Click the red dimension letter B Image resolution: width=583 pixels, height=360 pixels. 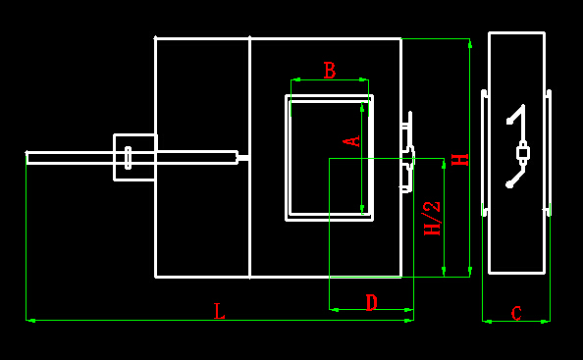(x=330, y=71)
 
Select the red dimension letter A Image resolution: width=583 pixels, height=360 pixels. (x=351, y=141)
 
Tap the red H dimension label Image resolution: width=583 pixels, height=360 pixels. (x=460, y=160)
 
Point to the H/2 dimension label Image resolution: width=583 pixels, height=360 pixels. (x=432, y=219)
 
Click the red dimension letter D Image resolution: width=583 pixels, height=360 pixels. (x=371, y=302)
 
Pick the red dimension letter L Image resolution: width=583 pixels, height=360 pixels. (x=220, y=311)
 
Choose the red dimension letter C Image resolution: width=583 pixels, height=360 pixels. (x=516, y=313)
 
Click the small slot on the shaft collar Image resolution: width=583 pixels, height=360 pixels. (x=128, y=158)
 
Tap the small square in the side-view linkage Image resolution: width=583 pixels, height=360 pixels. (x=523, y=153)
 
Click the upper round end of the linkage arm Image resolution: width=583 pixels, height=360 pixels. (x=509, y=121)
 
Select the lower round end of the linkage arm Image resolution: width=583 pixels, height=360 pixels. (x=509, y=184)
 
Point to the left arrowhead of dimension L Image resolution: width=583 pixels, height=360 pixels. (x=31, y=320)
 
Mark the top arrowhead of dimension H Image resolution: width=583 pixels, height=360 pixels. (x=470, y=44)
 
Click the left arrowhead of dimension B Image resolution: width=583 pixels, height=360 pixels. (x=296, y=79)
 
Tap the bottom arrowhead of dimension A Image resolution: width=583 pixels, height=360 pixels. (x=362, y=209)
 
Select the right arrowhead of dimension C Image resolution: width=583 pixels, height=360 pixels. (x=545, y=322)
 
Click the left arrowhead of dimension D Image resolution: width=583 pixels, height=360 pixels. (x=335, y=309)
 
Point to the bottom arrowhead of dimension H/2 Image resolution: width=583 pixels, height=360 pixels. (x=444, y=271)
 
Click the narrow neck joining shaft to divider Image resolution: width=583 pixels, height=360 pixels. (x=243, y=158)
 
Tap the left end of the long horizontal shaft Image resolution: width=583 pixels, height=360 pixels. (x=26, y=158)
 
